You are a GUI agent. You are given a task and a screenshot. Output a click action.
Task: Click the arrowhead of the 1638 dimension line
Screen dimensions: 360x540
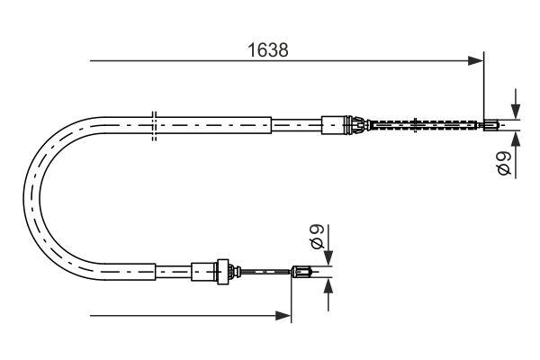(x=477, y=61)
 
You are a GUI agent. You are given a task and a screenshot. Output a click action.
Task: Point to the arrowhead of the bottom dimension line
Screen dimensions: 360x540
(x=285, y=316)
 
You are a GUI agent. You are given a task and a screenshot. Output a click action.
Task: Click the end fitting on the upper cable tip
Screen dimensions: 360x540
(x=490, y=124)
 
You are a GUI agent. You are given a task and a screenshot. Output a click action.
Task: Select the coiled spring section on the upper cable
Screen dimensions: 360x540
(x=423, y=124)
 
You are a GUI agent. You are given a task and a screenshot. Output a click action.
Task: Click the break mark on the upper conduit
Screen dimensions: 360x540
(x=155, y=124)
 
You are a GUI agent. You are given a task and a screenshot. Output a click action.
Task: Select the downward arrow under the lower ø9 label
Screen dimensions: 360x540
(x=328, y=255)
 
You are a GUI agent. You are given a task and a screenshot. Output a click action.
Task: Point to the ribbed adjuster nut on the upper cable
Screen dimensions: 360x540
(x=356, y=124)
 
